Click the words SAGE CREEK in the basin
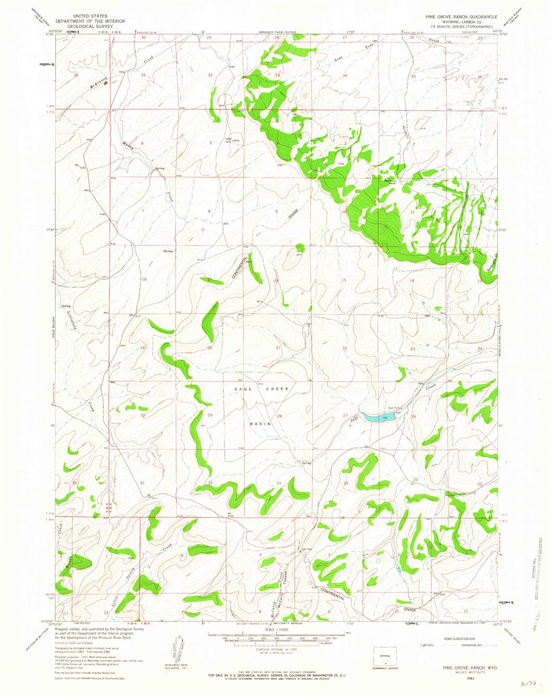261,389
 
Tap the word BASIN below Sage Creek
261,424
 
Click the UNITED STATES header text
90,16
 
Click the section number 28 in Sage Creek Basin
280,416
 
